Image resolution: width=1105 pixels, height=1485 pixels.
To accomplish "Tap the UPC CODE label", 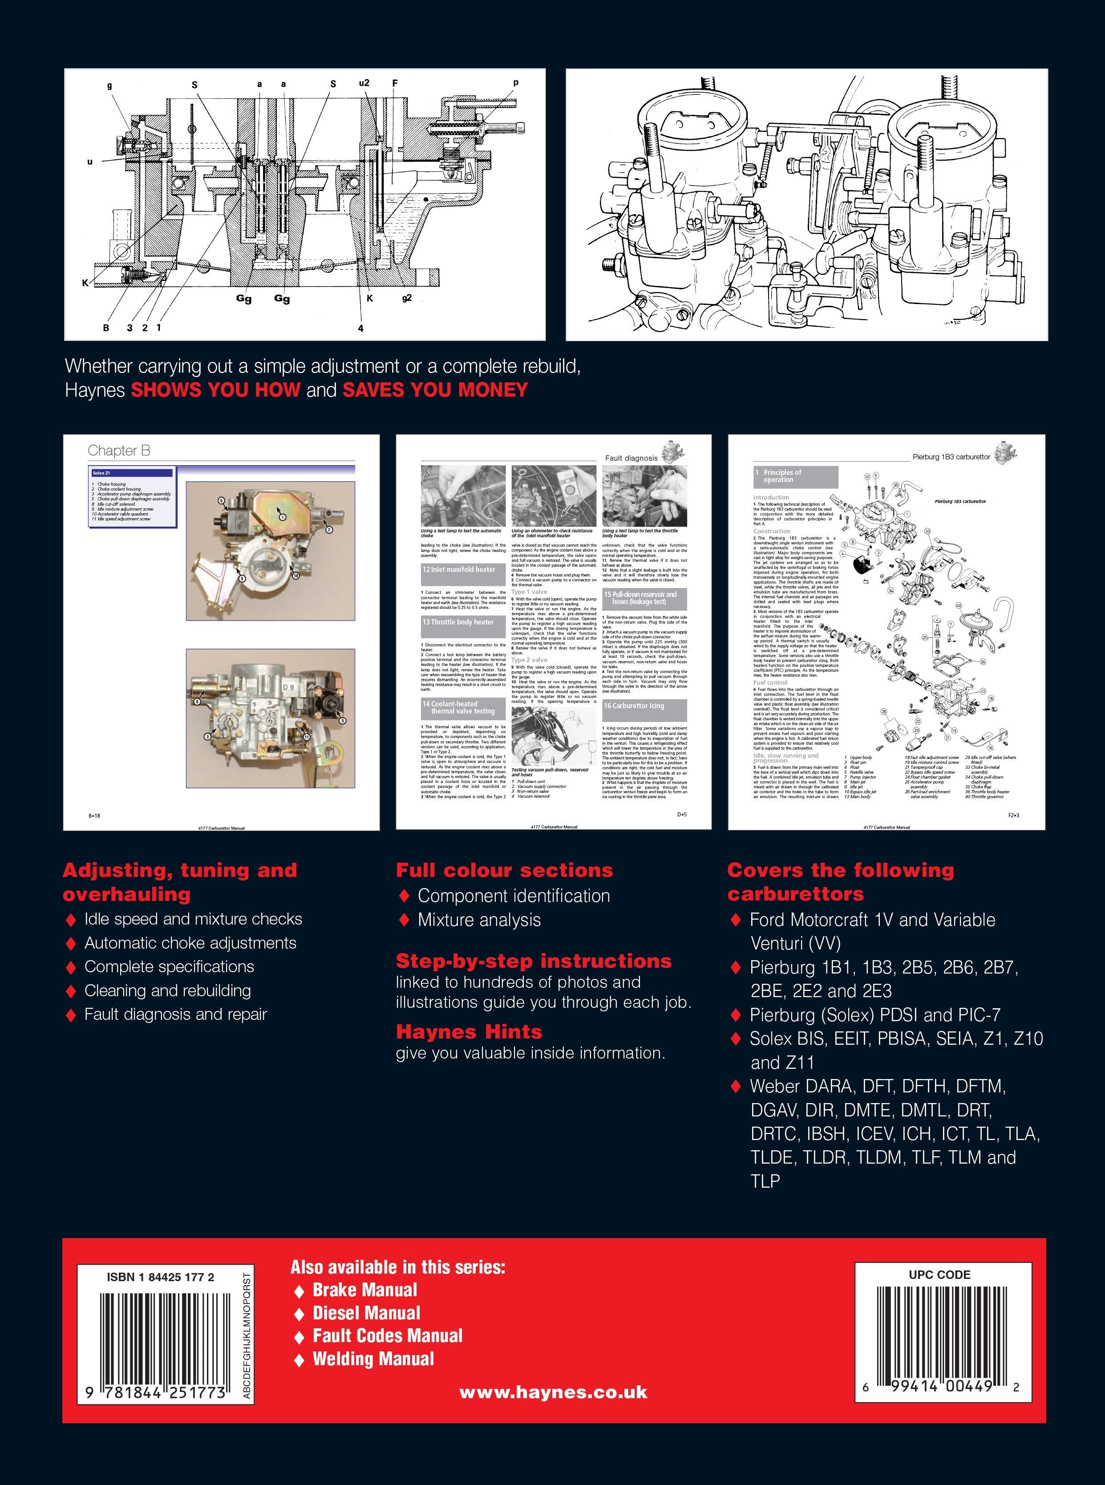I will [x=939, y=1274].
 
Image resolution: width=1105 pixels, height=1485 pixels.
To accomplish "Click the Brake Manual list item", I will [x=364, y=1290].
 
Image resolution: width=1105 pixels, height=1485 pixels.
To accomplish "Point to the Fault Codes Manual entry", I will [x=387, y=1336].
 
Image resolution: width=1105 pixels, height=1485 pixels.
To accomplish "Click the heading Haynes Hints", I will [x=469, y=1031].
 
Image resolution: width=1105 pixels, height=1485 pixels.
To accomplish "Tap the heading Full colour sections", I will [x=504, y=870].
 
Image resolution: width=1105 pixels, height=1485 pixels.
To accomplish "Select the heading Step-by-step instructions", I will [x=533, y=961].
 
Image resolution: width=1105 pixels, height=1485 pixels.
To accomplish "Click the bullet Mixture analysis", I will [x=479, y=920].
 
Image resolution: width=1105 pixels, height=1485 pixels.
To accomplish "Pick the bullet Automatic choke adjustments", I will [x=190, y=943].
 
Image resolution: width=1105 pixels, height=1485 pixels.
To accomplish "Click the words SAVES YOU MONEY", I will [x=435, y=390].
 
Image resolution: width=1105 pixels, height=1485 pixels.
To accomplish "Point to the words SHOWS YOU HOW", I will [x=215, y=390].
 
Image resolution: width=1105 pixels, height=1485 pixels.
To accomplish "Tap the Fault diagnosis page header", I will [x=631, y=458].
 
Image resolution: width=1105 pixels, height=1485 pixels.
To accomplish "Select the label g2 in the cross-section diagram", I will [x=407, y=298].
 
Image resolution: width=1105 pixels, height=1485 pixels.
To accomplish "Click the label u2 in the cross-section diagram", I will [x=364, y=84].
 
